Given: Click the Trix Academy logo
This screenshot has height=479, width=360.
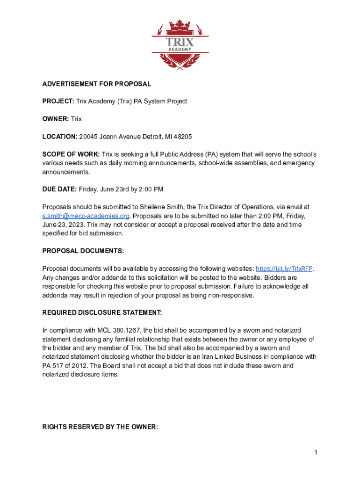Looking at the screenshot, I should (180, 45).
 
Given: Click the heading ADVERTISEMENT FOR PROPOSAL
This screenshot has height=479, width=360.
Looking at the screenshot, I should (97, 84).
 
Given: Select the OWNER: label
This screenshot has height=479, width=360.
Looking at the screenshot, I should (56, 119).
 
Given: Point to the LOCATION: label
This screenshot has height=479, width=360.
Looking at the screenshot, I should (60, 137).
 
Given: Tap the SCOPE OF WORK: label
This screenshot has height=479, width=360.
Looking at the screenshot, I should (71, 154).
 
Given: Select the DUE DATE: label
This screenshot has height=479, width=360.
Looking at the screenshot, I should (59, 189).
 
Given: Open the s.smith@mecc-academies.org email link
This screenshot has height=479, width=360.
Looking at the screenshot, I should (86, 216).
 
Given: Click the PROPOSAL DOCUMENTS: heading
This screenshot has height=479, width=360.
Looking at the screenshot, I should (83, 251).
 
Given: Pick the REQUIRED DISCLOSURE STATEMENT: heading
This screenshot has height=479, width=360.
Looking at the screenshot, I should (102, 312).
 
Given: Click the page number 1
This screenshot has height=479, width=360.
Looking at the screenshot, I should (316, 452).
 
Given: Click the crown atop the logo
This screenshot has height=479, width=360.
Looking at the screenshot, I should (180, 25).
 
